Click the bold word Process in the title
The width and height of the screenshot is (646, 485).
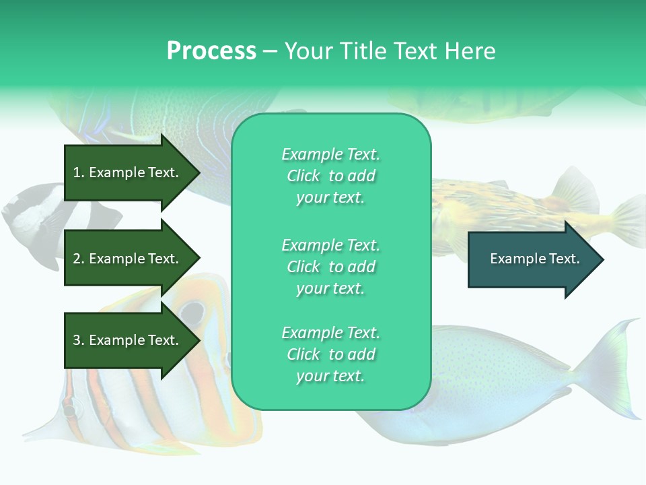pos(211,51)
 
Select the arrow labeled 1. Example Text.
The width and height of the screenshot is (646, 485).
pos(128,172)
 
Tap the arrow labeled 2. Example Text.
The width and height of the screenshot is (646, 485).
pos(128,259)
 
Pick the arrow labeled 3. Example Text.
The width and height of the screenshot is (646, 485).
pos(128,340)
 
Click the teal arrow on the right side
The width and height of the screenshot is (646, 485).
pos(532,259)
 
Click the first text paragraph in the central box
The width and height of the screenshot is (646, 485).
pos(330,176)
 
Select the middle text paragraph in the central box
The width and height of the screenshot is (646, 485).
pos(330,267)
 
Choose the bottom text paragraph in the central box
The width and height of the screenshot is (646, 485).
pos(330,354)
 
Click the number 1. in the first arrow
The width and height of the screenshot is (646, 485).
pos(78,172)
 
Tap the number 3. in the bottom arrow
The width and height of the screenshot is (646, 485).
pos(78,340)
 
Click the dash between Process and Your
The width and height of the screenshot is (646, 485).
pos(270,52)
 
